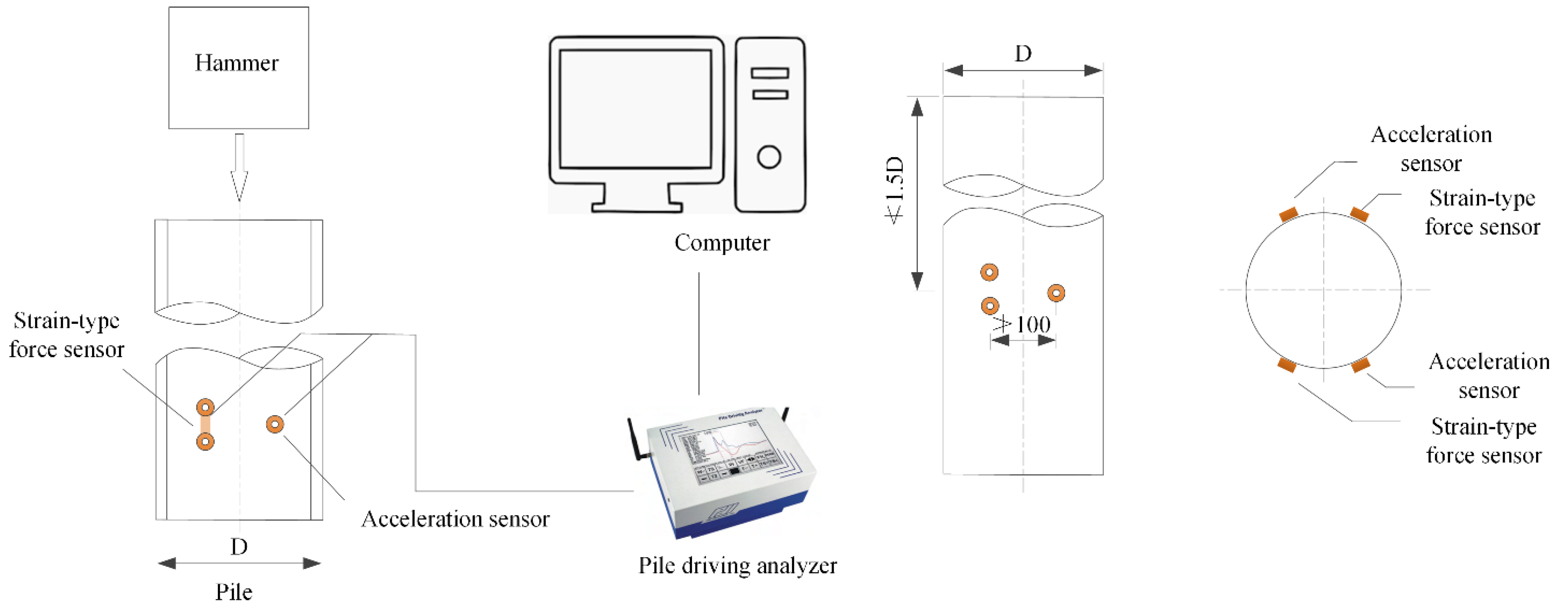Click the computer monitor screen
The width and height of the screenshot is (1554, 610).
point(635,109)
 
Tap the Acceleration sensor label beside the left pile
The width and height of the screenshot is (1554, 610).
point(455,519)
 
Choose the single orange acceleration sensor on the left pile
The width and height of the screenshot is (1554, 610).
point(275,424)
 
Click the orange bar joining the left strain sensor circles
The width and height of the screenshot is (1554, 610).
point(205,424)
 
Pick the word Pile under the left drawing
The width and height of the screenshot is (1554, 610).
point(234,593)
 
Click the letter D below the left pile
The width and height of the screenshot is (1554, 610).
point(239,547)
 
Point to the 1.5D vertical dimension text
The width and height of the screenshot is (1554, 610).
point(895,190)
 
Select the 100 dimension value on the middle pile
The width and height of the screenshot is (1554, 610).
point(1033,325)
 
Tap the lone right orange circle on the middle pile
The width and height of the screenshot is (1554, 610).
point(1056,293)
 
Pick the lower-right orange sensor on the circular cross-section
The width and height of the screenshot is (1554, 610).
point(1361,365)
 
